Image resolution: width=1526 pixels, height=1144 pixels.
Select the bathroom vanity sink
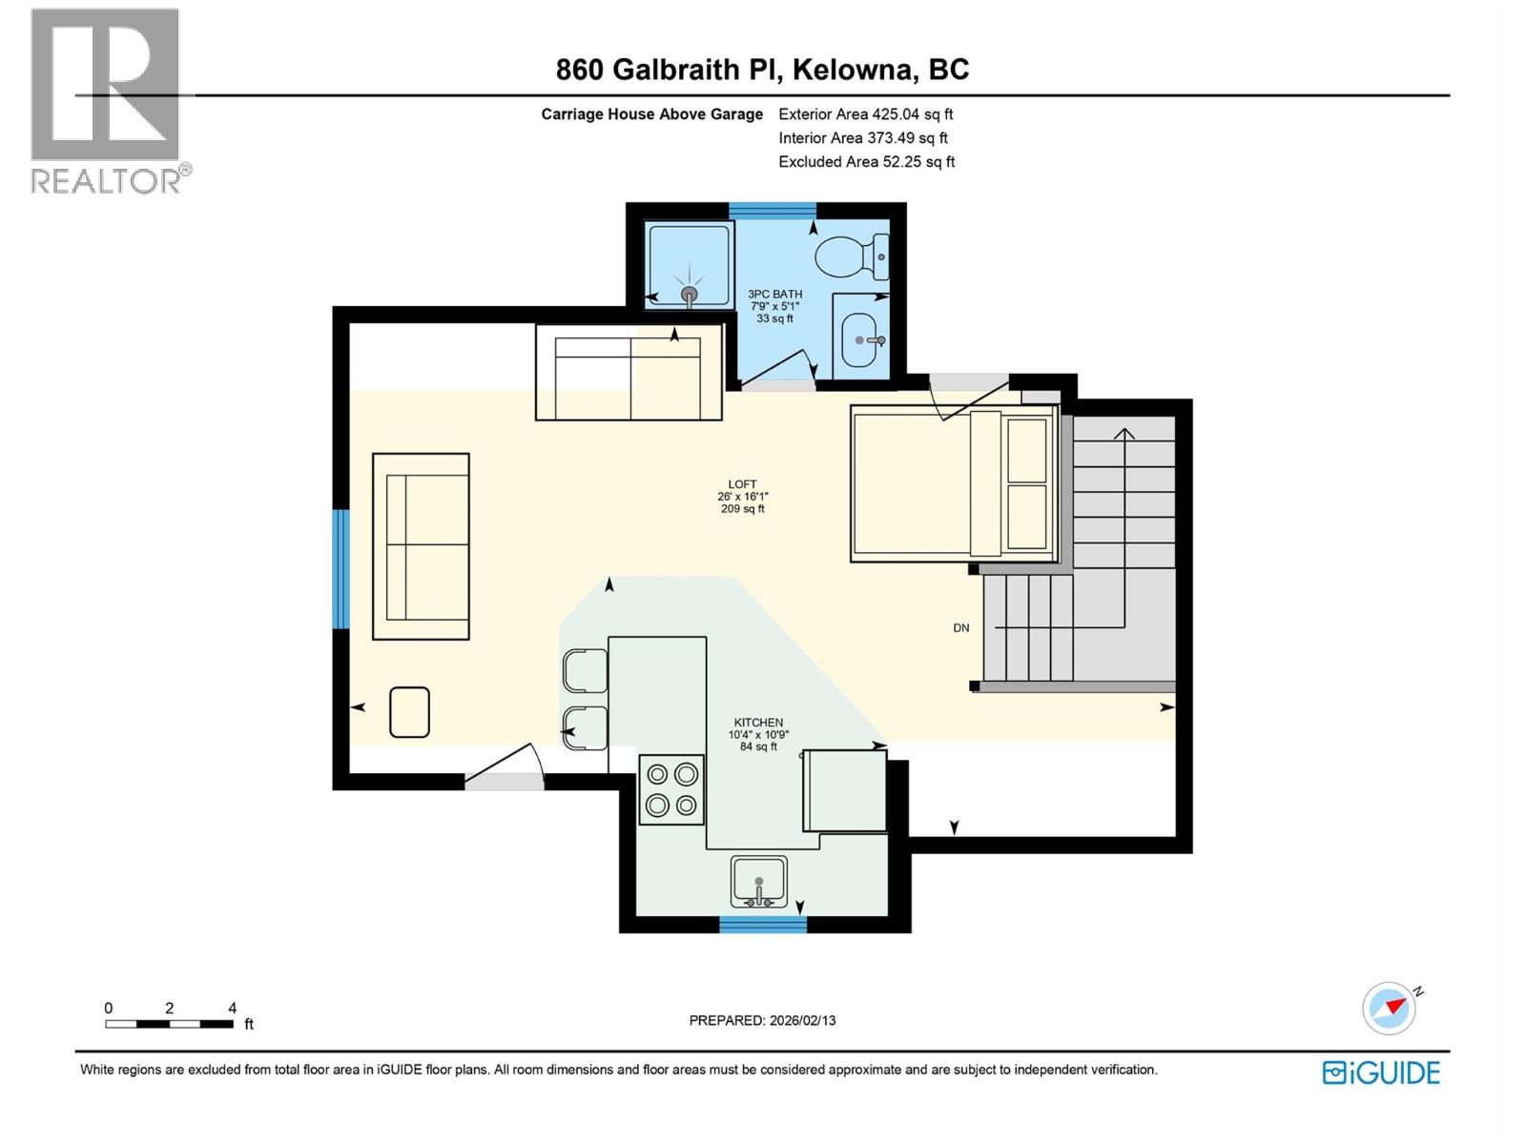(861, 339)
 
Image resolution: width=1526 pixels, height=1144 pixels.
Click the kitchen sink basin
(758, 879)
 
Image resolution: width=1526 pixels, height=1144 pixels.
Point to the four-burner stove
(671, 790)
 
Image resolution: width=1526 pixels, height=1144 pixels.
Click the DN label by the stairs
(960, 627)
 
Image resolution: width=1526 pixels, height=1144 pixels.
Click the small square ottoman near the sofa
(409, 712)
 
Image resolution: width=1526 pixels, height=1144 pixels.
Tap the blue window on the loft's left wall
(340, 569)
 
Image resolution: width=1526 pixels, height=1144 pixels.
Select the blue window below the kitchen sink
(762, 924)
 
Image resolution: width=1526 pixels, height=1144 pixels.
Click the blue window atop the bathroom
(773, 211)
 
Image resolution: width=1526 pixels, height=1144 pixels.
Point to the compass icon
(1389, 1008)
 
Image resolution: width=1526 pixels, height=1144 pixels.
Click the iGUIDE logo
(1381, 1072)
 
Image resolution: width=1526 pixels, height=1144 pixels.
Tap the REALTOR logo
(107, 100)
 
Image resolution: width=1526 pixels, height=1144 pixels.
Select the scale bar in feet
(170, 1024)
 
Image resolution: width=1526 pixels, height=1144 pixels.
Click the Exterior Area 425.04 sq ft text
(865, 113)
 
